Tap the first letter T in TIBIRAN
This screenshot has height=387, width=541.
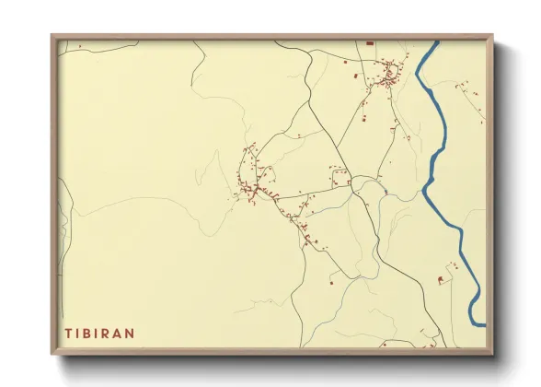click(x=67, y=332)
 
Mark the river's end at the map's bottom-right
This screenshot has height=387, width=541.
click(x=478, y=323)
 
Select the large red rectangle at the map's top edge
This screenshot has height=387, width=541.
click(x=370, y=43)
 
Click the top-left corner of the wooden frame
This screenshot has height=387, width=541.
click(x=52, y=36)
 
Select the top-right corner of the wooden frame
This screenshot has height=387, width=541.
click(x=492, y=36)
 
